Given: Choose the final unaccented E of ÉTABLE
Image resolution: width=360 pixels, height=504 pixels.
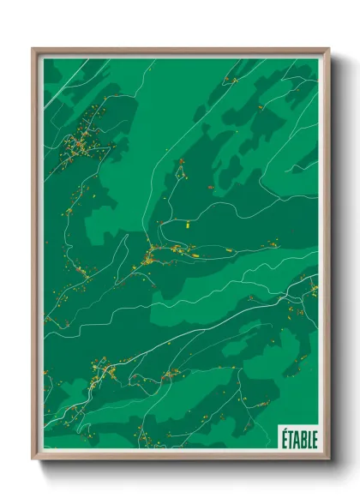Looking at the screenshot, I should (x=314, y=437).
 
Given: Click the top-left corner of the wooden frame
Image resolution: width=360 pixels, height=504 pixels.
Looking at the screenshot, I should (x=33, y=49).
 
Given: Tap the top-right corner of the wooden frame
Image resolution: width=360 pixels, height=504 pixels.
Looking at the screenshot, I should (x=328, y=49).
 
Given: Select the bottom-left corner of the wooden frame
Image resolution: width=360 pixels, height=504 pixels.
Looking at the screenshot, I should (x=33, y=460).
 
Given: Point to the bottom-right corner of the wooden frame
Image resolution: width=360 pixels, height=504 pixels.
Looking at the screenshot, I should (x=328, y=460).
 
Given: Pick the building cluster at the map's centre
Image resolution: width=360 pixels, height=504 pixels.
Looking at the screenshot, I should (x=154, y=253).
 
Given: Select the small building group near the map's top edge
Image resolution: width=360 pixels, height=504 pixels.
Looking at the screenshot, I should (x=230, y=81).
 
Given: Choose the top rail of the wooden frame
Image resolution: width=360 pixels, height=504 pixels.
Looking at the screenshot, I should (x=180, y=51).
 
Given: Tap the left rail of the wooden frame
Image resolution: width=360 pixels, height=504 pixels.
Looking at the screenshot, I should (x=36, y=257).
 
